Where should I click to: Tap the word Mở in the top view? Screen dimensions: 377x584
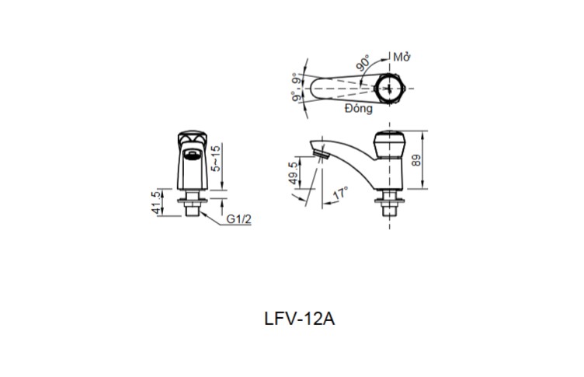coord(401,58)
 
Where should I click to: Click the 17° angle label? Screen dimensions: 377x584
coord(340,192)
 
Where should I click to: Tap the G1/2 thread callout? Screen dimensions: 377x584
coord(239,220)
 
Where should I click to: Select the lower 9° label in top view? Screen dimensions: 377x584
coord(296,98)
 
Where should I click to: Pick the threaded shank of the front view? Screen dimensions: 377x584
coord(190,208)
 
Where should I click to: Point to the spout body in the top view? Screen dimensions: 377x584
coord(338,87)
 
